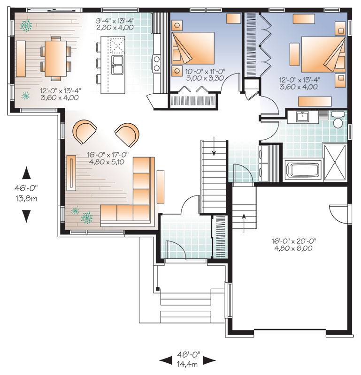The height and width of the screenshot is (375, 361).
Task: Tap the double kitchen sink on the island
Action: coord(117,65)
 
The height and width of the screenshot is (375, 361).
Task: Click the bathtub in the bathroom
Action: coord(302,171)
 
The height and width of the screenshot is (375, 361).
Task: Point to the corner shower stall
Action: coord(335,162)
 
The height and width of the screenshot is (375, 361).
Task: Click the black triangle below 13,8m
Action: coord(26,216)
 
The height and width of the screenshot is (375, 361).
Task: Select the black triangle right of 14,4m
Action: coord(209,360)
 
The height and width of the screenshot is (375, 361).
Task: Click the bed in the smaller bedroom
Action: coord(193,48)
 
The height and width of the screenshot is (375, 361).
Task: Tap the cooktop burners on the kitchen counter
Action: coord(157,63)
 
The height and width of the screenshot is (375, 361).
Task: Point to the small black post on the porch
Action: coord(157,289)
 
